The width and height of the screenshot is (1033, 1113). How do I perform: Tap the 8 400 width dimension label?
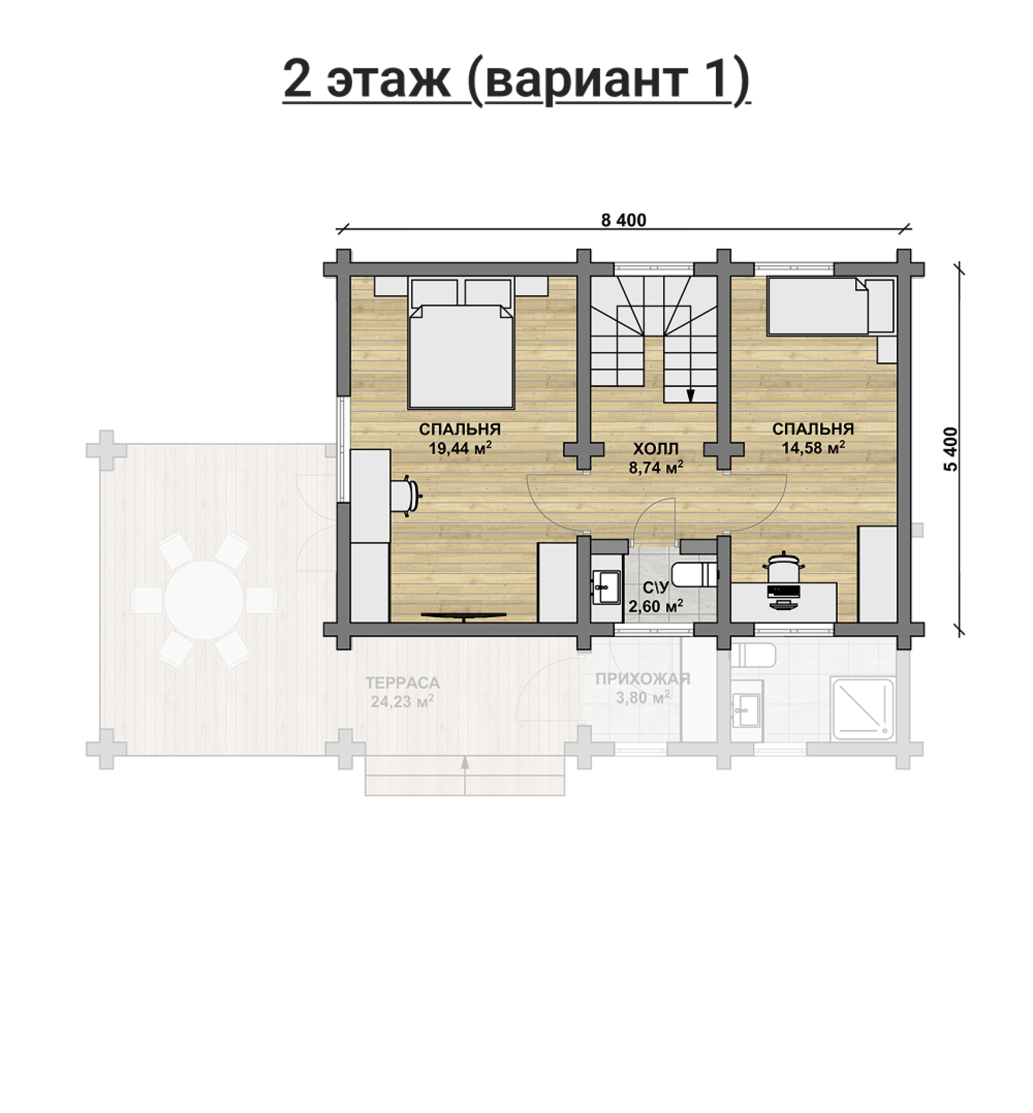623,221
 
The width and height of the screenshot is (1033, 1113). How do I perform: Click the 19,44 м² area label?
460,448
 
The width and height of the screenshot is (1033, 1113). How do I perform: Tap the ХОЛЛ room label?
656,449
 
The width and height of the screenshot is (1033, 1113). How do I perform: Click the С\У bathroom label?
656,587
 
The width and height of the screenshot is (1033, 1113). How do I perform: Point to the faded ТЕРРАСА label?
403,683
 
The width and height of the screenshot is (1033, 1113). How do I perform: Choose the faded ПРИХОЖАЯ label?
643,679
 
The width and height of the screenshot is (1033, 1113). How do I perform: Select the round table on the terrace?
204,599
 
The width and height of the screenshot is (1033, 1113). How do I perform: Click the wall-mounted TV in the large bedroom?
463,616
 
